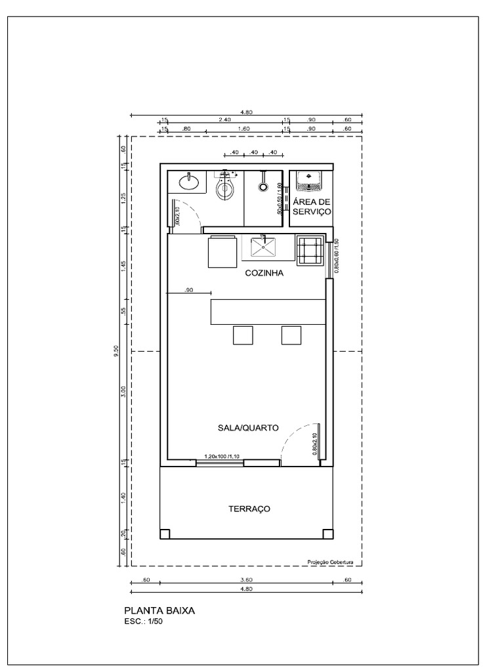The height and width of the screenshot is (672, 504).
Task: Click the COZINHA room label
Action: pos(264,274)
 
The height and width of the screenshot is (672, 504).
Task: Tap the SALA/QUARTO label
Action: pos(248,427)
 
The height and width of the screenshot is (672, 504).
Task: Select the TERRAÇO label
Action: pos(249,509)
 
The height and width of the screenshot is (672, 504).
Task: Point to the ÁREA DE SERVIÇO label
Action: pos(312,207)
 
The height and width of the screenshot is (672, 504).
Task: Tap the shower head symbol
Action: pos(263,186)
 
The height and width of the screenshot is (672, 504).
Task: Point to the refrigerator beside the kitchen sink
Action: pos(222,252)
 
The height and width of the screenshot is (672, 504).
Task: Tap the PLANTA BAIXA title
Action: pos(159,610)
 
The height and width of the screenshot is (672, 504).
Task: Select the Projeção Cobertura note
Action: pos(334,562)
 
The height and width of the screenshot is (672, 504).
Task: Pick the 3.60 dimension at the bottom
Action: pos(246,579)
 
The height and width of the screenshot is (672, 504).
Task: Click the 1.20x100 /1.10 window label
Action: pos(221,456)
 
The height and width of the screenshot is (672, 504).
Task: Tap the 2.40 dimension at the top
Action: pos(224,119)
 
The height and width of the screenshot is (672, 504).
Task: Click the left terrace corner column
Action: pos(165,534)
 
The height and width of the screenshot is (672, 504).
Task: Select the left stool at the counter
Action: pos(243,335)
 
